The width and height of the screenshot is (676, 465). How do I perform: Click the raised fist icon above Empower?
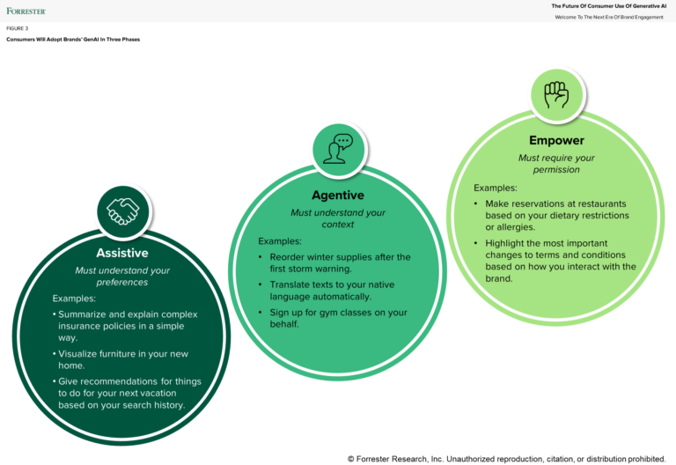click(x=556, y=94)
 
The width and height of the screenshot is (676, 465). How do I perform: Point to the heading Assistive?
click(x=122, y=254)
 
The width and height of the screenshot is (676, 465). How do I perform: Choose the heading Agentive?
click(x=338, y=195)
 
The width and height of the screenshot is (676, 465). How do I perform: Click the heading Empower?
click(x=556, y=140)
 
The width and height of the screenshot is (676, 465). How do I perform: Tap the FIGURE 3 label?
click(x=17, y=28)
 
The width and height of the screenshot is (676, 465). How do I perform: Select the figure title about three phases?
click(x=73, y=39)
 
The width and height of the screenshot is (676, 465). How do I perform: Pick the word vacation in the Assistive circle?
click(x=173, y=392)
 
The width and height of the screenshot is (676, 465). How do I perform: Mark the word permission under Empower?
click(x=556, y=169)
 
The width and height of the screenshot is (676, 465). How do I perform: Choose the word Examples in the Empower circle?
click(x=496, y=188)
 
